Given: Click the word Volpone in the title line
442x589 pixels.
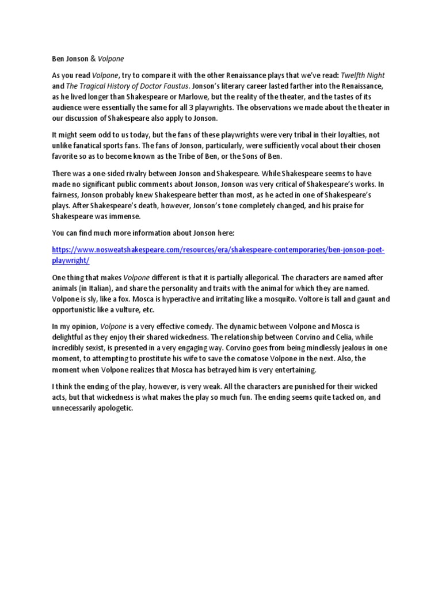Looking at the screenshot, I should pyautogui.click(x=111, y=58).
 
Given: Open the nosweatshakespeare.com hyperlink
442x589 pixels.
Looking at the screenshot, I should pyautogui.click(x=218, y=251).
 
